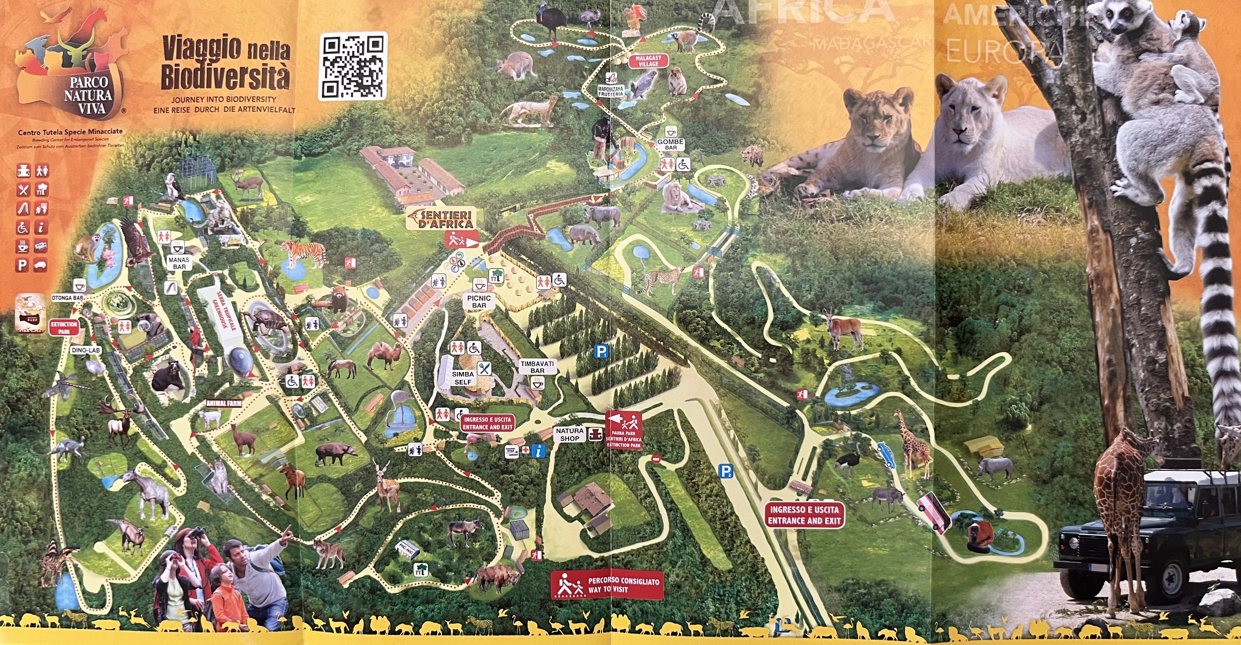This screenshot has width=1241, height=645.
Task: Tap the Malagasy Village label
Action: click(648, 61)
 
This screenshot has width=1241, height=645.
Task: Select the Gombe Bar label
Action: click(671, 144)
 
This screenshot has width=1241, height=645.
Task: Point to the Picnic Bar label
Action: click(479, 301)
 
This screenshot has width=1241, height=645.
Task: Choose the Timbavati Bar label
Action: click(537, 367)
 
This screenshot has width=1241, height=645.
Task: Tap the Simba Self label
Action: click(463, 378)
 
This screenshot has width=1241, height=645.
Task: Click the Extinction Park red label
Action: click(64, 328)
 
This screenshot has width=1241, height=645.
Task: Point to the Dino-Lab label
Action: click(86, 350)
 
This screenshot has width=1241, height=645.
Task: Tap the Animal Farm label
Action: click(224, 403)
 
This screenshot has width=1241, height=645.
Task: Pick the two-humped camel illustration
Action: click(385, 355)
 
